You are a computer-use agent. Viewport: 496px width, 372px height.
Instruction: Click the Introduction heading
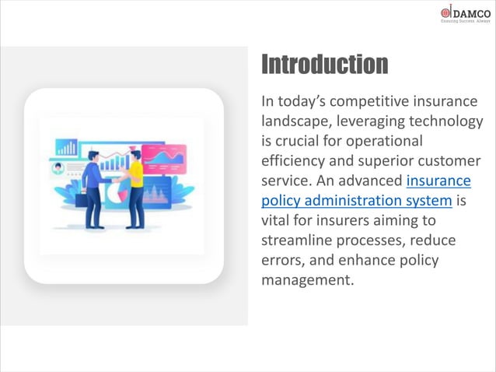click(x=324, y=64)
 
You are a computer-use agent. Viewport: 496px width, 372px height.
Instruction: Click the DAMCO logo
click(x=465, y=14)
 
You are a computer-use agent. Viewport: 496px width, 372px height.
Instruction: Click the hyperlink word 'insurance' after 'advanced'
click(x=439, y=181)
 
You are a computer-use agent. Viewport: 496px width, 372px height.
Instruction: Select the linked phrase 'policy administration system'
click(x=356, y=200)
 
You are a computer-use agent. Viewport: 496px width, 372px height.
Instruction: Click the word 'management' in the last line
click(x=307, y=279)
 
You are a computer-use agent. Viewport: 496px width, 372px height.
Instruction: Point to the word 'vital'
click(x=277, y=220)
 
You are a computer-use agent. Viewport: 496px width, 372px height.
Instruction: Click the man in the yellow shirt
click(x=136, y=187)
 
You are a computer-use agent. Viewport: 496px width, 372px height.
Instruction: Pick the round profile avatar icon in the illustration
click(x=57, y=167)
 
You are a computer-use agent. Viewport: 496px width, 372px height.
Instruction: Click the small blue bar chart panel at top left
click(x=67, y=147)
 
